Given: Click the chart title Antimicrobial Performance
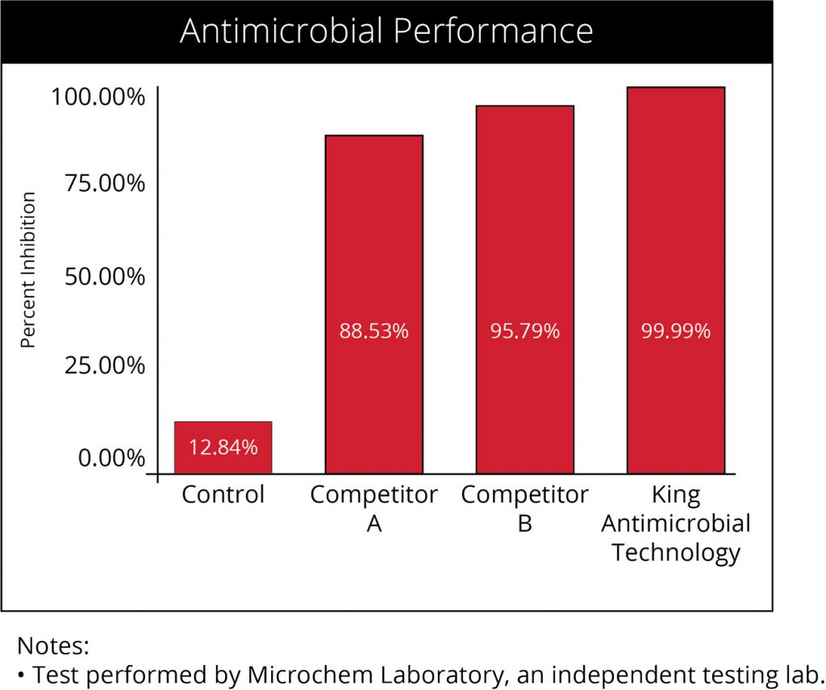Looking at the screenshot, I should click(x=386, y=31).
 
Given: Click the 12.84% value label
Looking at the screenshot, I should click(x=223, y=447).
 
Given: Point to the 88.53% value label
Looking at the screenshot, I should click(x=373, y=331).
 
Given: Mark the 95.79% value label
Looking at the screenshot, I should click(x=524, y=331).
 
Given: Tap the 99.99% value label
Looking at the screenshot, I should click(x=675, y=331).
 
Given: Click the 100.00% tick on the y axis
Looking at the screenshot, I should click(x=98, y=98).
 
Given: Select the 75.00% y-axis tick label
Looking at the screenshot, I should click(x=105, y=184).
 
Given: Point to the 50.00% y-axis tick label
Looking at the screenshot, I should click(x=105, y=276).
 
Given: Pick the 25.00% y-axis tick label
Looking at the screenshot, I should click(x=105, y=366).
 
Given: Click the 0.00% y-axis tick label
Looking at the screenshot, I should click(x=111, y=459).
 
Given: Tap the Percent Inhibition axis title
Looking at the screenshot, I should click(x=29, y=270).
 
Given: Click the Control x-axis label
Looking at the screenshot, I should click(x=223, y=494).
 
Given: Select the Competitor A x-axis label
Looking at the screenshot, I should click(x=373, y=509).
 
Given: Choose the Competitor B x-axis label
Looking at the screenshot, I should click(x=524, y=509).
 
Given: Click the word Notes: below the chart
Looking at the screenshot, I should click(x=52, y=646).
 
